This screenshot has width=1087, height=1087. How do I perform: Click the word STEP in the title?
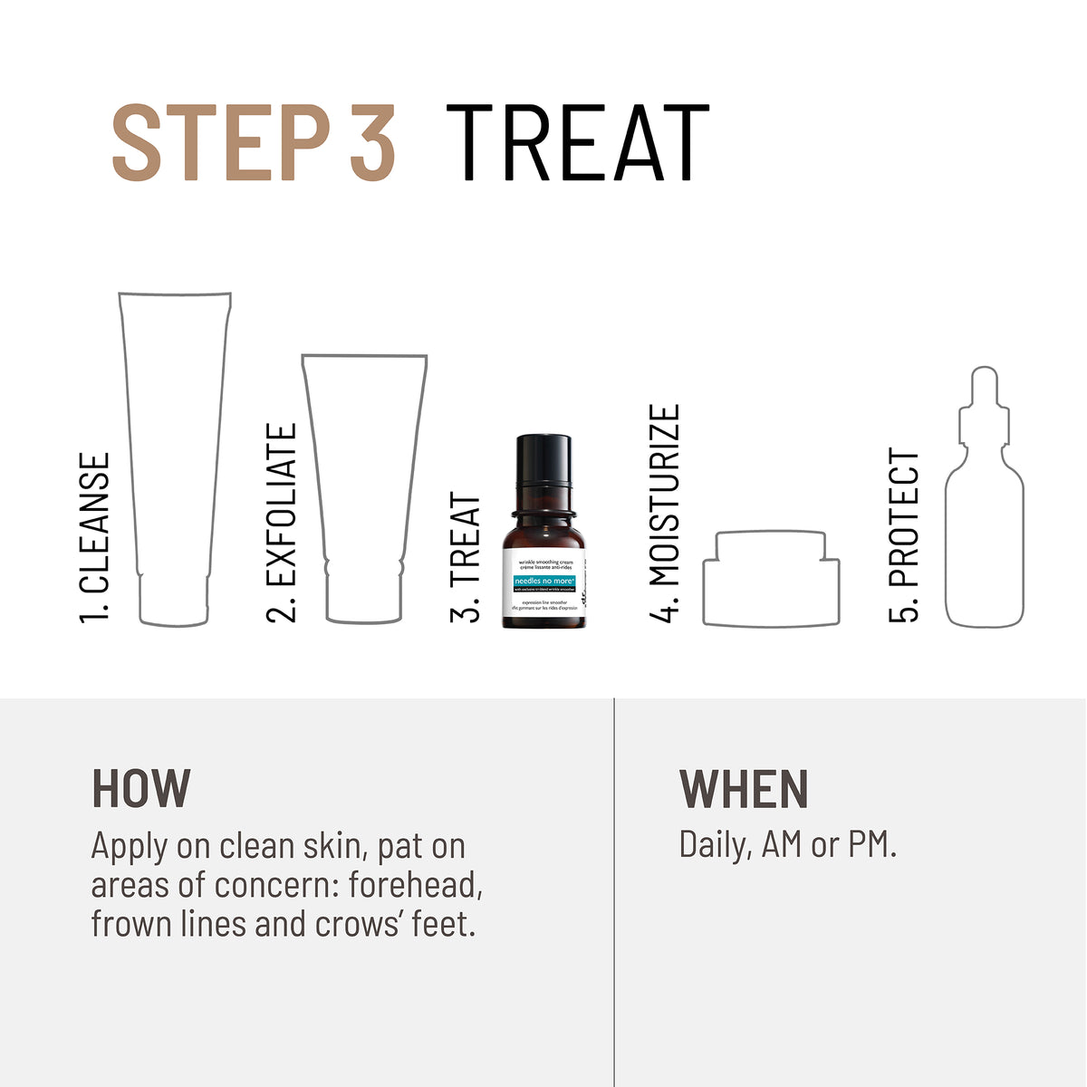[x=219, y=143]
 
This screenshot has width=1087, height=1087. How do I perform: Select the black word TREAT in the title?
[x=577, y=143]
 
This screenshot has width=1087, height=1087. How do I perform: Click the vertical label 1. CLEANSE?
[x=94, y=538]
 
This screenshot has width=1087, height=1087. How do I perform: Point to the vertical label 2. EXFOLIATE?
[x=282, y=523]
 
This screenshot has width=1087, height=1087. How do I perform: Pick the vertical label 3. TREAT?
[x=465, y=557]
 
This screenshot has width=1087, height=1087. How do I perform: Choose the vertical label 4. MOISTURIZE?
[x=664, y=514]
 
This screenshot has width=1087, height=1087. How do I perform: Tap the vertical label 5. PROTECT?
[x=904, y=534]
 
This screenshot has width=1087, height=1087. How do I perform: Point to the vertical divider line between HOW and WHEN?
[x=614, y=892]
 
